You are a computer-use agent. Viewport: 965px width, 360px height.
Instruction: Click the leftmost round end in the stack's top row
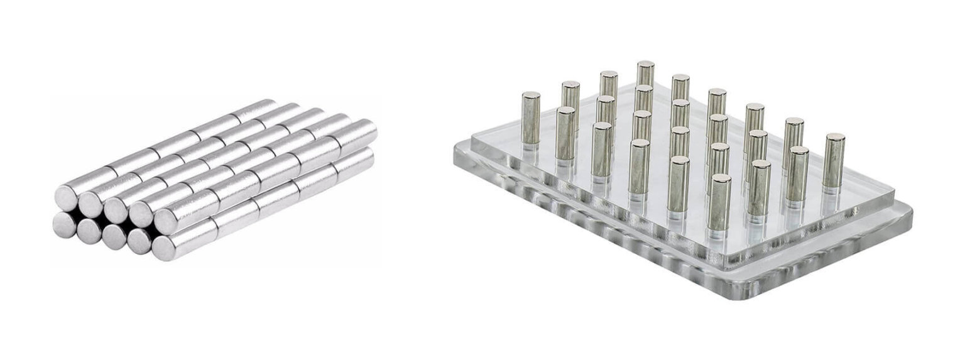(66, 198)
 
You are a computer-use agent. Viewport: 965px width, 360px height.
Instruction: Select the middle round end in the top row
(116, 209)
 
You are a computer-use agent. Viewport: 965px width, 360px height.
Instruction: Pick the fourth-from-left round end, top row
(141, 214)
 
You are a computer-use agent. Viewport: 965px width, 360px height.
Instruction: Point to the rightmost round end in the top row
(166, 221)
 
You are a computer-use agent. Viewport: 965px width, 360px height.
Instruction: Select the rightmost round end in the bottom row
(164, 247)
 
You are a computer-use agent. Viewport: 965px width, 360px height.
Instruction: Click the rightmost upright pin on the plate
(834, 160)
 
